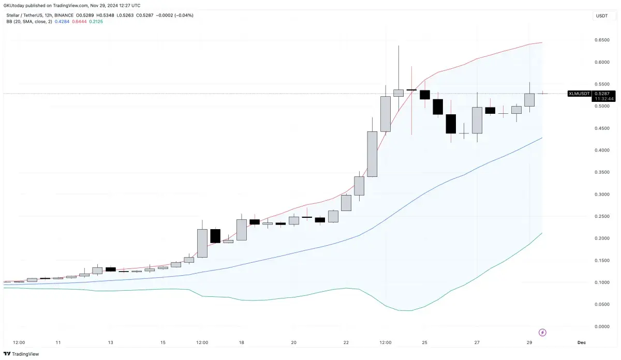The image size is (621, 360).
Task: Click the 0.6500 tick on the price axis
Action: pos(601,40)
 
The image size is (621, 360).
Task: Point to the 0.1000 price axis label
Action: pos(601,282)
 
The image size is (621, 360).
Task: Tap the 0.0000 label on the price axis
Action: pos(601,326)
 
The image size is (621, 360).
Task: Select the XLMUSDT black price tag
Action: pos(579,94)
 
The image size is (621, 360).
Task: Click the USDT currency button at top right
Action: pos(602,16)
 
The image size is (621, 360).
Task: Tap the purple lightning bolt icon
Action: pos(543,332)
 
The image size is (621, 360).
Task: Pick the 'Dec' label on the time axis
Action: pos(581,342)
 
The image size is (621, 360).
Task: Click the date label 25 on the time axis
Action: pos(424,342)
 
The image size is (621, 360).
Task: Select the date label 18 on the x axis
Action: pos(242,342)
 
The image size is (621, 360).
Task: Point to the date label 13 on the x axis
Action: pos(110,342)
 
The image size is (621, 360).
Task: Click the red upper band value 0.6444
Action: pos(79,21)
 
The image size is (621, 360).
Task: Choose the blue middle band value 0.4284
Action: pos(63,21)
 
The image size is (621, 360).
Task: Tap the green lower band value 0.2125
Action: pos(96,21)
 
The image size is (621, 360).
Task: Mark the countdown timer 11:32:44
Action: pos(604,98)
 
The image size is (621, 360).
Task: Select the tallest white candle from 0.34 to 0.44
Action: pos(372,154)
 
